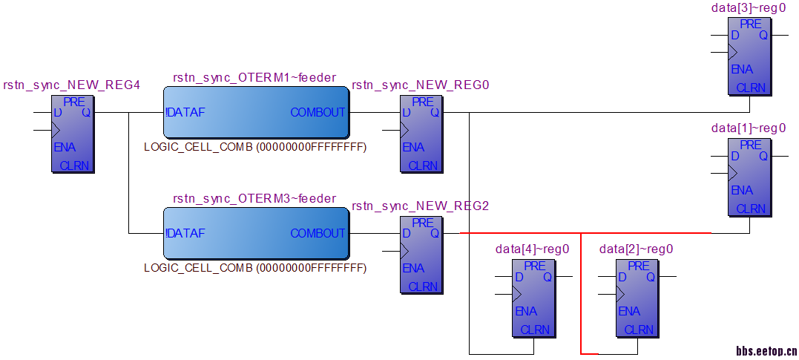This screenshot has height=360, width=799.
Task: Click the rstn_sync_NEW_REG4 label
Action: tap(71, 85)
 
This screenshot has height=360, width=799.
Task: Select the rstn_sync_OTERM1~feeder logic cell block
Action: tap(255, 113)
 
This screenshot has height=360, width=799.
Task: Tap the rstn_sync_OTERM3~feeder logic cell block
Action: tap(255, 233)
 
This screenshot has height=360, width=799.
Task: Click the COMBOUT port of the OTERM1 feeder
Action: tap(318, 113)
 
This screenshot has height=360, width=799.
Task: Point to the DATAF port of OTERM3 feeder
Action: tap(185, 233)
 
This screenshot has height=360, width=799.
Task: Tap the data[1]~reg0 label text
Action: tap(749, 128)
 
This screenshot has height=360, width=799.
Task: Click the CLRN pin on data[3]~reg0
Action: tap(751, 88)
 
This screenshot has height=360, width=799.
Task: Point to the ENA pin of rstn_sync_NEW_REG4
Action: tap(65, 148)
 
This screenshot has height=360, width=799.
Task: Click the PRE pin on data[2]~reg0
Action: tap(639, 266)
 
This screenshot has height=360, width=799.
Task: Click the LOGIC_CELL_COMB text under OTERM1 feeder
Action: tap(255, 147)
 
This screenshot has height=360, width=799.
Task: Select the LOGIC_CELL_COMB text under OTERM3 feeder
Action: tap(255, 267)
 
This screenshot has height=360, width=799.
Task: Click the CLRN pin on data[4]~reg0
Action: tap(535, 330)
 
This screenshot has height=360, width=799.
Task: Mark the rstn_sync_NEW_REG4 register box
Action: tap(73, 134)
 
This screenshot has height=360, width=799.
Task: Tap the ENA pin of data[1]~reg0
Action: tap(742, 191)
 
